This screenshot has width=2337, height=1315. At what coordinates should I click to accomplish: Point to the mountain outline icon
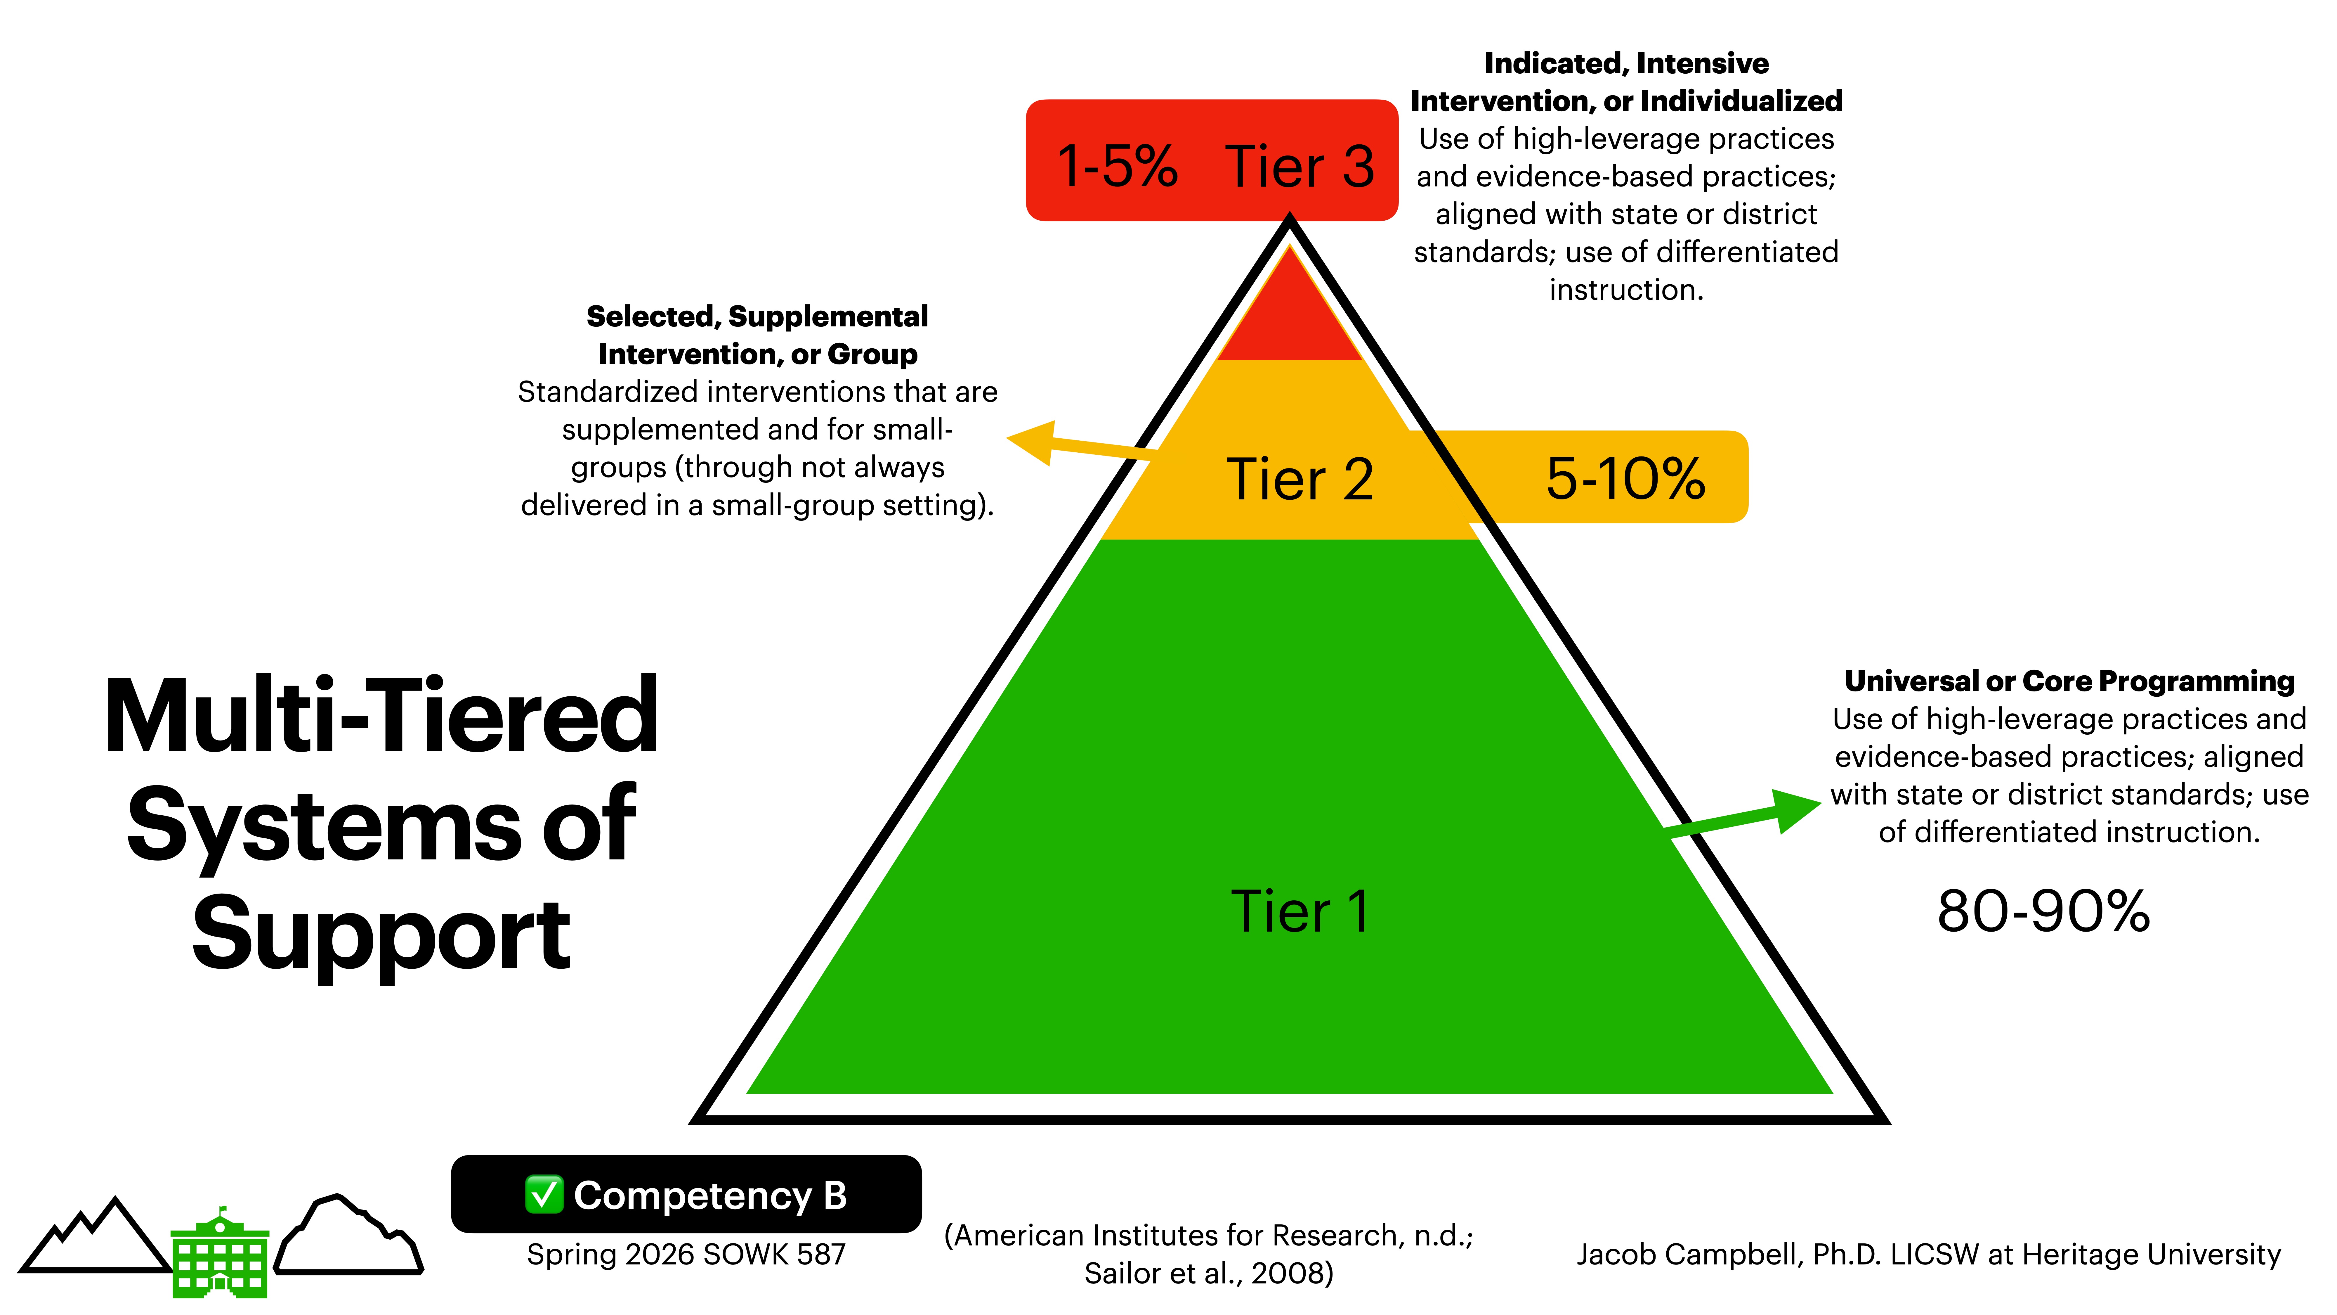click(x=95, y=1239)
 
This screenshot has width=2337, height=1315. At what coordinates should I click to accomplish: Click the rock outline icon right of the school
click(x=349, y=1236)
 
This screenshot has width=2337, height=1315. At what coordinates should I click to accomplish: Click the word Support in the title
click(x=381, y=935)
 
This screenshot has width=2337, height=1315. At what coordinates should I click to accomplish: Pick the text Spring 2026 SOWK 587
click(x=686, y=1254)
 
